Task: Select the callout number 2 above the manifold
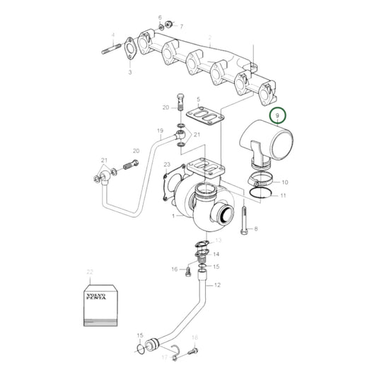click(210, 36)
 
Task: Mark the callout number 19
click(160, 131)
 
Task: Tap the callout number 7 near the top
click(181, 26)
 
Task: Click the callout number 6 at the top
click(160, 16)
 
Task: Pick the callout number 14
click(216, 254)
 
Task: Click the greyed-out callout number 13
click(218, 241)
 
